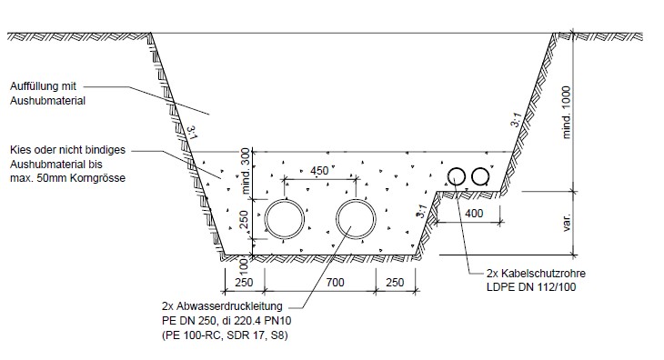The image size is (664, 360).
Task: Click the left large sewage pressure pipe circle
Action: (266, 219)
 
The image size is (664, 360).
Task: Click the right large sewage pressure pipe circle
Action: (337, 219)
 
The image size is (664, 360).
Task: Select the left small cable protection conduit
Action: (449, 176)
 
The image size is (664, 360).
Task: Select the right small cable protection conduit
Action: (473, 176)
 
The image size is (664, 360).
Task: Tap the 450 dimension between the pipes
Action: (319, 171)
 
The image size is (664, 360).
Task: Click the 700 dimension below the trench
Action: (335, 282)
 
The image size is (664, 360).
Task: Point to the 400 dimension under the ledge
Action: (474, 214)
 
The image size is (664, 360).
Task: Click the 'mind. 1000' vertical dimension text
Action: (567, 112)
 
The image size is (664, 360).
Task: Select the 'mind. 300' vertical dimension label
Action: (246, 171)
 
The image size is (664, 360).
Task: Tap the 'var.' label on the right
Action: (567, 222)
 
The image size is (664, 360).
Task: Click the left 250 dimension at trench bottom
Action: (244, 282)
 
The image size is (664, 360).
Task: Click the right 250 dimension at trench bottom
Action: (395, 282)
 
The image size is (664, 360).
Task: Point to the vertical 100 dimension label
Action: (244, 266)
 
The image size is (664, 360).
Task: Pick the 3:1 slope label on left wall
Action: (192, 132)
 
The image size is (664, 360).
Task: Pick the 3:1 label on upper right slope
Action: (516, 120)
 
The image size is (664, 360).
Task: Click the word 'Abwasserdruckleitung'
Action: (229, 305)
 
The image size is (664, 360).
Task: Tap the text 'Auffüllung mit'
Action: (43, 86)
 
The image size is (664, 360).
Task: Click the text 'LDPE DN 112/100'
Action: (531, 287)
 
